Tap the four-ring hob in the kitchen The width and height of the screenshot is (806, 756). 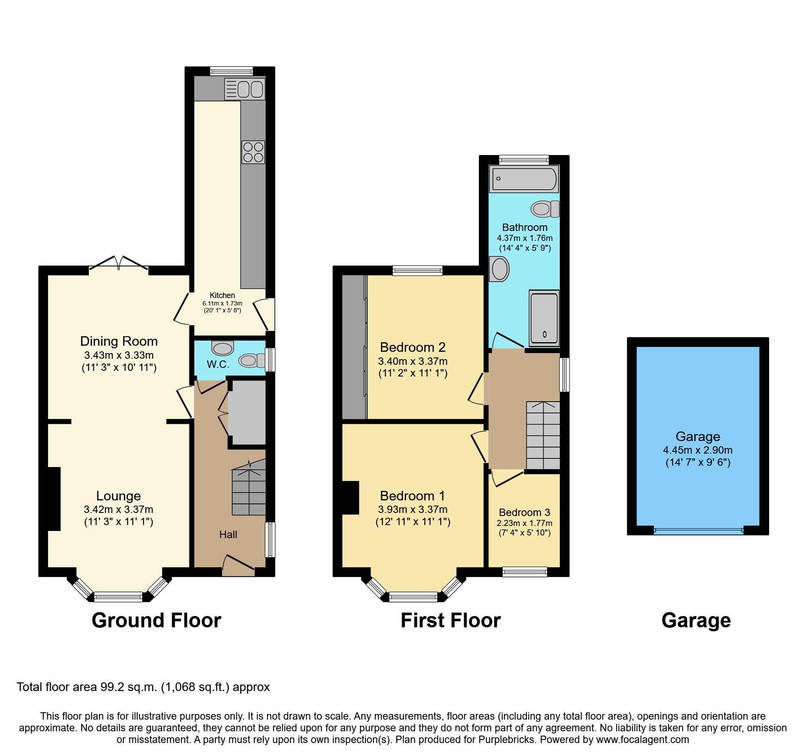[253, 152]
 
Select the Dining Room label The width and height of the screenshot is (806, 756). [119, 341]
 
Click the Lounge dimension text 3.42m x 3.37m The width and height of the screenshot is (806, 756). [119, 510]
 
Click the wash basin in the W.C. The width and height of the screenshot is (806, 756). [223, 347]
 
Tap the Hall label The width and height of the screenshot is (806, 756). [228, 535]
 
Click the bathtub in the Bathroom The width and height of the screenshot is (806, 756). [524, 179]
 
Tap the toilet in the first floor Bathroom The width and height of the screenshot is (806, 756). [545, 209]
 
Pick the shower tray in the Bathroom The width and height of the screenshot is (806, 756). [544, 318]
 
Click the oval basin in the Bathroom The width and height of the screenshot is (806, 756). [499, 269]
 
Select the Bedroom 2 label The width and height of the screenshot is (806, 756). [413, 347]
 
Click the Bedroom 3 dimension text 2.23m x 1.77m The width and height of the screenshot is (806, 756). [524, 523]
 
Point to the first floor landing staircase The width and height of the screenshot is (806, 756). [543, 435]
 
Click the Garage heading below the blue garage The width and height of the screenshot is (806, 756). [696, 620]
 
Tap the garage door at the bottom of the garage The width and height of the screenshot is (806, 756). [698, 530]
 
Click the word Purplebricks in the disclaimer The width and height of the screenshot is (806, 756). [506, 740]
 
